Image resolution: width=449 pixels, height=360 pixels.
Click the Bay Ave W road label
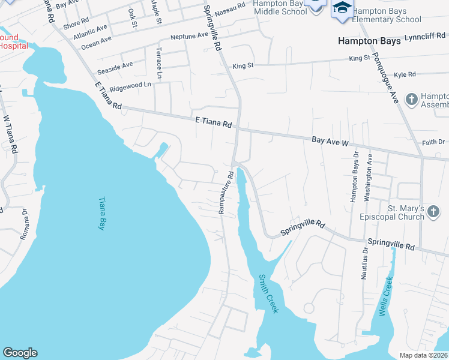coord(330,142)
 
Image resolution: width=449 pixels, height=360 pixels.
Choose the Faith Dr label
coord(433,142)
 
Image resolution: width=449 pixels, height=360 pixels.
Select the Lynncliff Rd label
coord(426,37)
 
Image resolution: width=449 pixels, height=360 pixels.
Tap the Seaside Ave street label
coord(119,65)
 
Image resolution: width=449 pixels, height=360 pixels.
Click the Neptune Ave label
coord(188,36)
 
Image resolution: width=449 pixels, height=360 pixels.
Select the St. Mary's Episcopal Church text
coord(397,213)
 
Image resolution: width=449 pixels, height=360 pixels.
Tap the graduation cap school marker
coord(342,8)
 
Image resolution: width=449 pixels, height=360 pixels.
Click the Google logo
coord(20,353)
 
